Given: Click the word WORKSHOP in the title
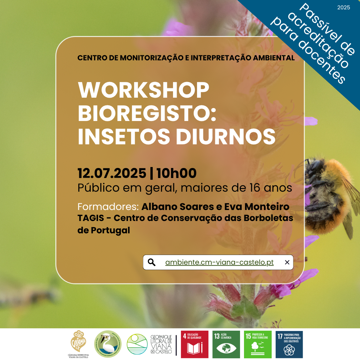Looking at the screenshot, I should pyautogui.click(x=143, y=90).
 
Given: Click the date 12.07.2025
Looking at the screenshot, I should pyautogui.click(x=112, y=174).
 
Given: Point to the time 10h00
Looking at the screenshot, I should pyautogui.click(x=176, y=174).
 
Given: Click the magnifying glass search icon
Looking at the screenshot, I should pyautogui.click(x=152, y=262).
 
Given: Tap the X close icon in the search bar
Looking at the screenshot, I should pyautogui.click(x=287, y=262).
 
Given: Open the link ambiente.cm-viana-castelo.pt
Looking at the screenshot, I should pyautogui.click(x=219, y=262).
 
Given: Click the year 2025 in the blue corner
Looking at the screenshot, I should pyautogui.click(x=344, y=7).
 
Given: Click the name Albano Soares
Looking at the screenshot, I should pyautogui.click(x=178, y=207).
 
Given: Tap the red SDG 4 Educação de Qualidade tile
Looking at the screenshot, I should pyautogui.click(x=194, y=344).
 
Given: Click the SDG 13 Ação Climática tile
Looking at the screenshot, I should pyautogui.click(x=226, y=344).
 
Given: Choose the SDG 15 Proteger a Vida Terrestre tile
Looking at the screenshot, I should pyautogui.click(x=258, y=344).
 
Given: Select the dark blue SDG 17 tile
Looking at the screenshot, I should pyautogui.click(x=289, y=344).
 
